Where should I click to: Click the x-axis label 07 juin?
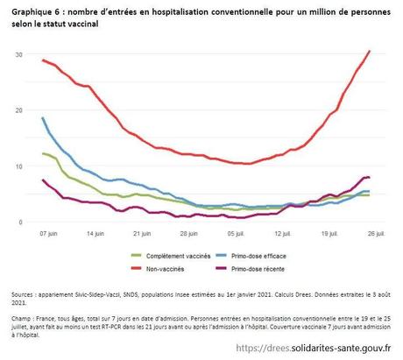click(x=49, y=235)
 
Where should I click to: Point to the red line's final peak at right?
click(x=370, y=52)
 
